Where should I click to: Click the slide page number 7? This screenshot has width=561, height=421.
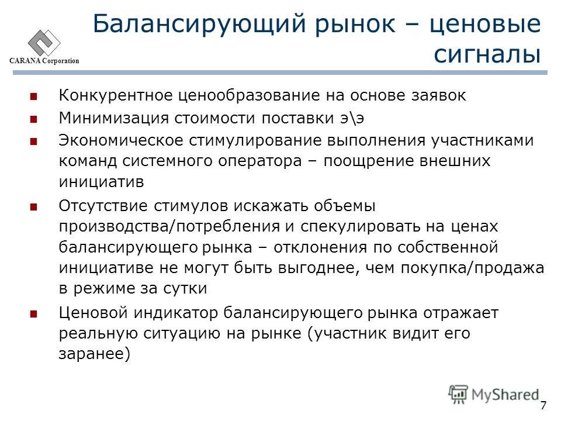(543, 405)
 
